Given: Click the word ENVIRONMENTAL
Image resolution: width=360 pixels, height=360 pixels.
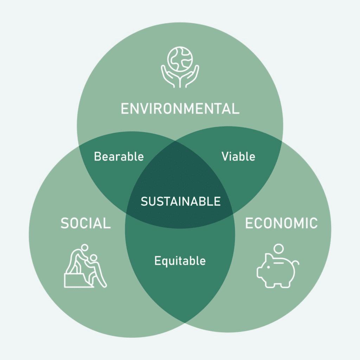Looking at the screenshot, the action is [x=180, y=109].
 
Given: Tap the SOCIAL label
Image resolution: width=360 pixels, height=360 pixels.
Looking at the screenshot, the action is [x=85, y=223].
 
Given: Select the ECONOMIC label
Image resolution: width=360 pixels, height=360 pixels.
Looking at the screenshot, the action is [x=281, y=223].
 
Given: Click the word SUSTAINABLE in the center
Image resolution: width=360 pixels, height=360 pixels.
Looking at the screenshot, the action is [x=180, y=201].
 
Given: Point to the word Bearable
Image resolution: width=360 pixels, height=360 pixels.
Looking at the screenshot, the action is [x=119, y=156].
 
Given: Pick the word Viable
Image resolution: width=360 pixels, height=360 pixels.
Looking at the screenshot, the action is [x=238, y=156].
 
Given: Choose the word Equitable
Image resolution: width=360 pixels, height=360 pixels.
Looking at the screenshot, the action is [x=180, y=261].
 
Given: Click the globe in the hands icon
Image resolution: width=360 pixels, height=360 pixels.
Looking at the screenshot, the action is [x=180, y=59].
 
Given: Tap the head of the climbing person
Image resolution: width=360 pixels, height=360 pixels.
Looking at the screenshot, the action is [x=93, y=259].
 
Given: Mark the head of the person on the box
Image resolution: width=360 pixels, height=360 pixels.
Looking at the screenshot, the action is [x=84, y=248].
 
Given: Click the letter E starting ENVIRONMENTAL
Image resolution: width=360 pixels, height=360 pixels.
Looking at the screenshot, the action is [x=124, y=109].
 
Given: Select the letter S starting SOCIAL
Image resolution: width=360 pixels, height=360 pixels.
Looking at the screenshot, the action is [x=64, y=223].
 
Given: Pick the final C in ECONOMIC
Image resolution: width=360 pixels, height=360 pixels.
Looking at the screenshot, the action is [x=313, y=223].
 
